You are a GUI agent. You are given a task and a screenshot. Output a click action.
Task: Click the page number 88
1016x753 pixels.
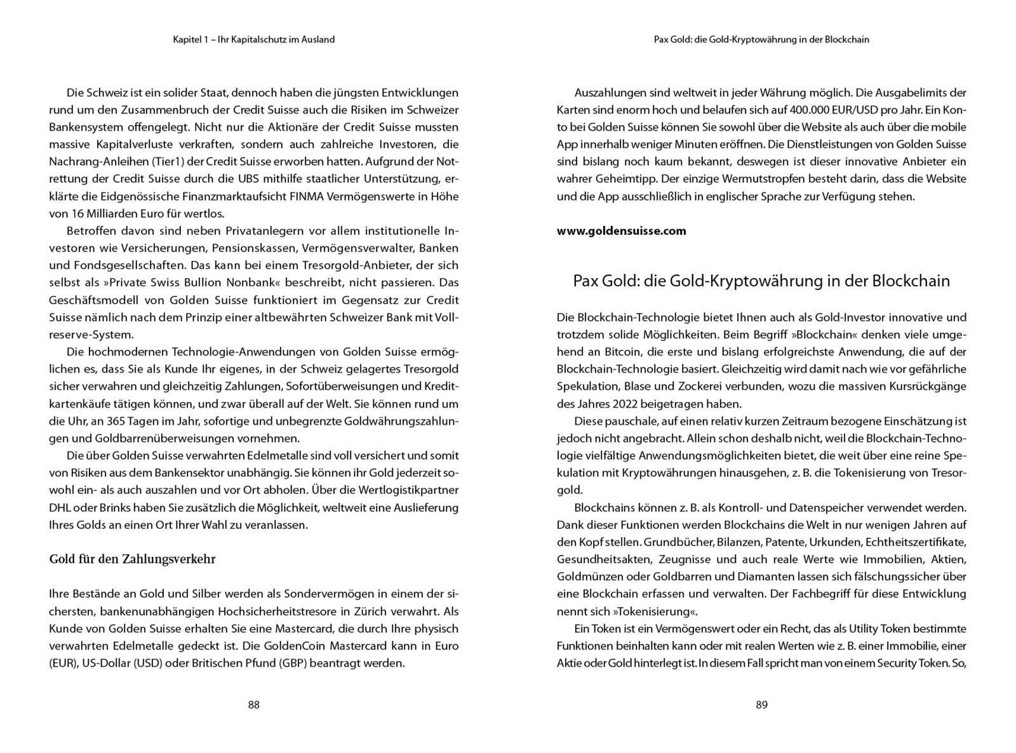[253, 705]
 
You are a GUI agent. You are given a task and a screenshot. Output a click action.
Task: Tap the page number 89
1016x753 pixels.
[761, 705]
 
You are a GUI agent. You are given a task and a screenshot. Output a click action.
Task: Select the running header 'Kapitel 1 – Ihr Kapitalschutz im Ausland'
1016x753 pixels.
[253, 39]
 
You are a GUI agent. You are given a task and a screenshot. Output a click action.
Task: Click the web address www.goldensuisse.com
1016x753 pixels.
[621, 231]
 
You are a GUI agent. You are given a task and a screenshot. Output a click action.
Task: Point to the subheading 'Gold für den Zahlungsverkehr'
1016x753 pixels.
[132, 559]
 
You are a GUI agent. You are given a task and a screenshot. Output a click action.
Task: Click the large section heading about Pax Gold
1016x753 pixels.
[761, 281]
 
